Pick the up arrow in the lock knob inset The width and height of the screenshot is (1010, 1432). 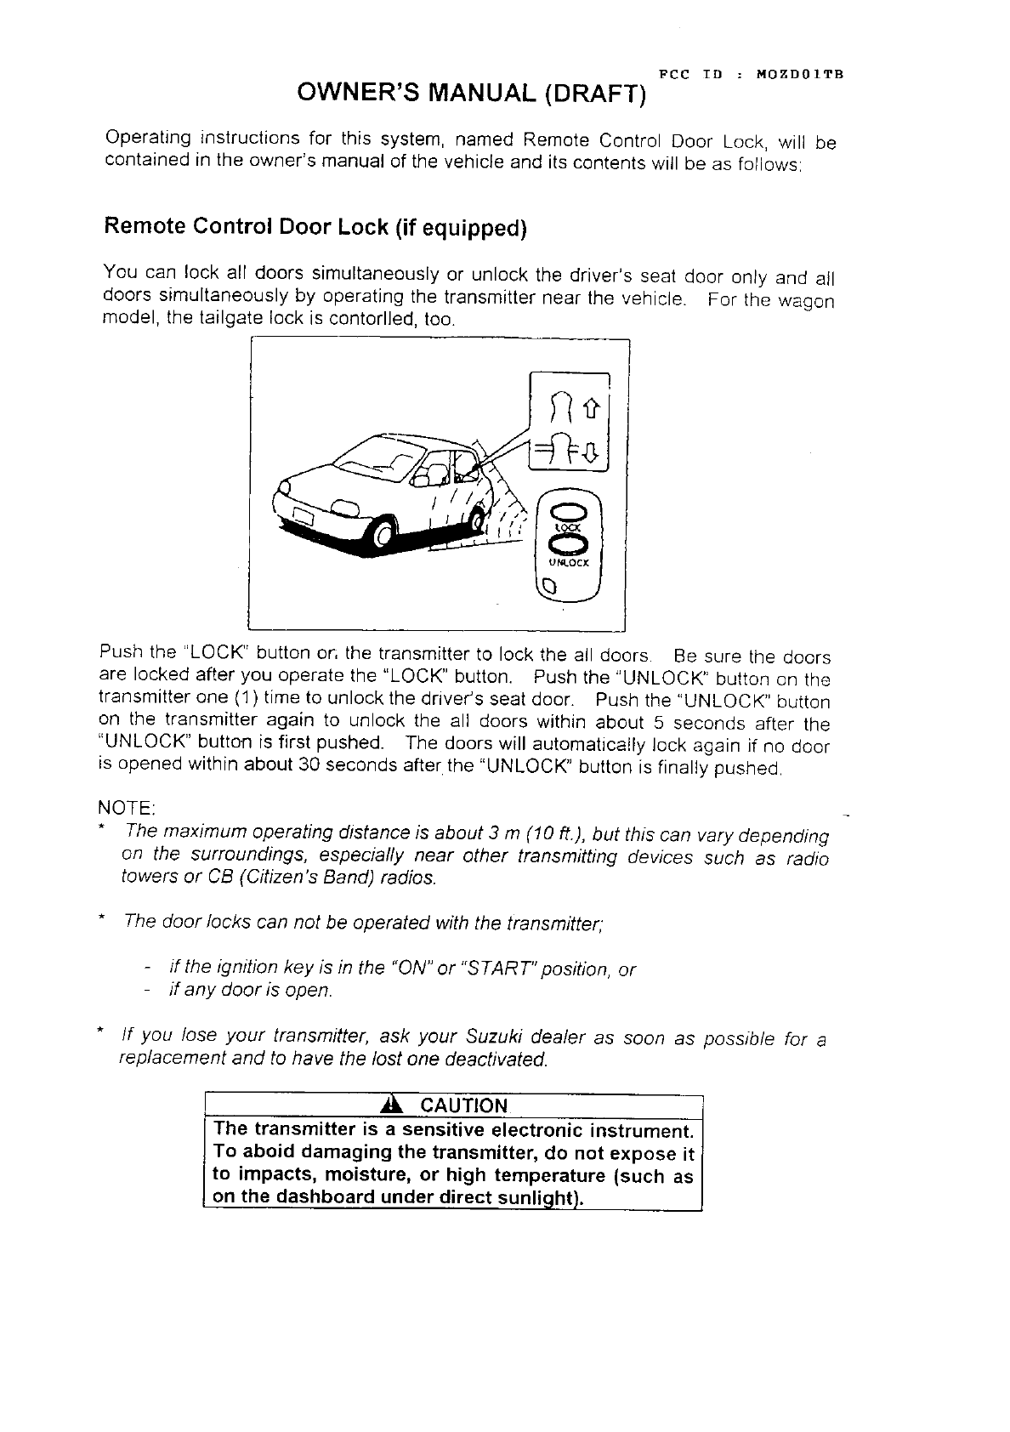592,411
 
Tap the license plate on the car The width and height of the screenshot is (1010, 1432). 302,514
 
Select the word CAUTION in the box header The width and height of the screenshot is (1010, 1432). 464,1105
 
